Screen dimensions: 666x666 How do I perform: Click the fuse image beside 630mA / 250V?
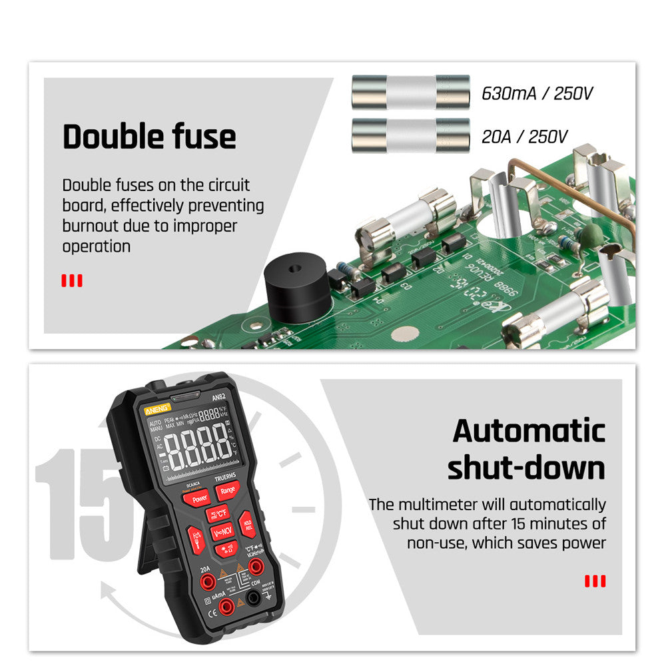click(410, 92)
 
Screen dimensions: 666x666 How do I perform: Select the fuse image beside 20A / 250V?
click(410, 135)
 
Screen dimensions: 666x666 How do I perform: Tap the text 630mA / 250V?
click(537, 93)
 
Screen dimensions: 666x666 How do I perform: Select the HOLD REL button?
click(246, 523)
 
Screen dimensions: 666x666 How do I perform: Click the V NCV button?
click(221, 531)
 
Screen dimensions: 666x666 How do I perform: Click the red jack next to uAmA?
click(227, 605)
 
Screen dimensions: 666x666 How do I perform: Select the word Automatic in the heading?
click(529, 431)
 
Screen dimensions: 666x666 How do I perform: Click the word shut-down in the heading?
click(526, 468)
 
